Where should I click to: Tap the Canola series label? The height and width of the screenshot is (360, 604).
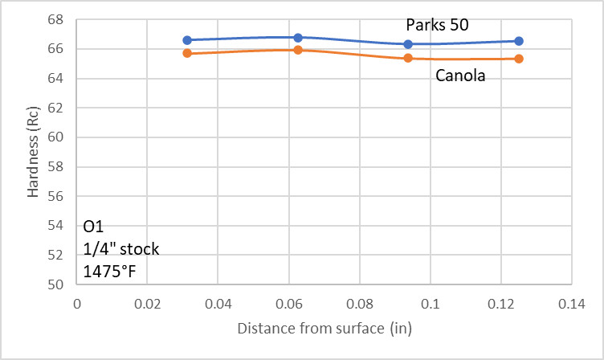(x=461, y=76)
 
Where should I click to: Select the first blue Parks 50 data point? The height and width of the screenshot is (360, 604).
(x=187, y=39)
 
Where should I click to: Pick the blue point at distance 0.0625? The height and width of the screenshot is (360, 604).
(x=298, y=37)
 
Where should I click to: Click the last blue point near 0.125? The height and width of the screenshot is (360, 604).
(x=519, y=41)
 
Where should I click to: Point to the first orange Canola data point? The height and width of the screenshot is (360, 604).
(x=187, y=53)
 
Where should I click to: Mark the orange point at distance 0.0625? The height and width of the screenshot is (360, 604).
(x=298, y=50)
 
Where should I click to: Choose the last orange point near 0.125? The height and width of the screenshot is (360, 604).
(x=519, y=59)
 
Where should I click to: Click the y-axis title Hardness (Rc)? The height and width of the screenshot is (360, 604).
(x=33, y=153)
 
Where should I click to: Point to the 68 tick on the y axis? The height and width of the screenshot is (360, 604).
(x=59, y=20)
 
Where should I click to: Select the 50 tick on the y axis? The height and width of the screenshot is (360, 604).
(x=59, y=284)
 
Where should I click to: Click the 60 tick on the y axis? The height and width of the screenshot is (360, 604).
(x=59, y=137)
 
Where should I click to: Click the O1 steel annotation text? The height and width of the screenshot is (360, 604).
(x=93, y=227)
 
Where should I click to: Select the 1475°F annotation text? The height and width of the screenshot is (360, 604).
(x=110, y=271)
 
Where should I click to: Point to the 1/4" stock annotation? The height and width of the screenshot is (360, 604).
(x=121, y=248)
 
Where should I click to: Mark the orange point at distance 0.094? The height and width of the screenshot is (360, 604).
(x=408, y=58)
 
